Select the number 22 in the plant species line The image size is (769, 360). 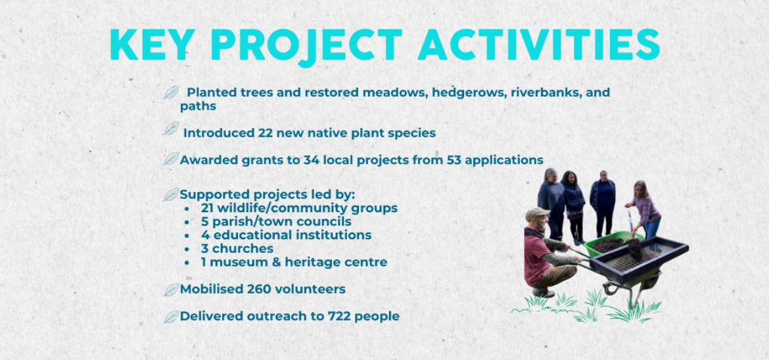click(x=266, y=133)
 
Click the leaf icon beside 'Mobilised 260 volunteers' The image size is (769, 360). click(x=170, y=290)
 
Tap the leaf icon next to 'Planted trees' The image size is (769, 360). click(x=171, y=92)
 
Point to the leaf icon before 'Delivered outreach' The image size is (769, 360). click(x=170, y=317)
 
